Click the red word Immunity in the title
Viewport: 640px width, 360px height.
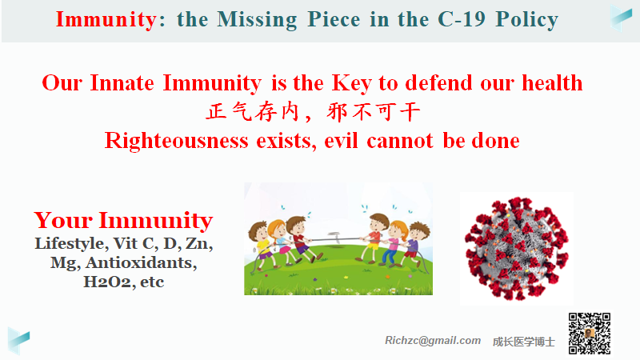click(106, 19)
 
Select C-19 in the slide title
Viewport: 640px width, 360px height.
click(462, 19)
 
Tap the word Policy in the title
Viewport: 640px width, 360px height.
click(527, 20)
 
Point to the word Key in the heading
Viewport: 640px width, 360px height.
click(351, 84)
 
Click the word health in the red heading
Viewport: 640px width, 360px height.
click(552, 83)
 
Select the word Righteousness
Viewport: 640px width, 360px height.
click(176, 141)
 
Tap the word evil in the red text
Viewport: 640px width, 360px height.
click(341, 141)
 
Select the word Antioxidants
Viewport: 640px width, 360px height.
click(141, 263)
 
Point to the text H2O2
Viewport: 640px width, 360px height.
click(109, 282)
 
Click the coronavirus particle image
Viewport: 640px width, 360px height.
click(516, 249)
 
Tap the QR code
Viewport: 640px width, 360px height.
click(590, 334)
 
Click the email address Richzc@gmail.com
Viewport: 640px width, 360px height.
click(433, 341)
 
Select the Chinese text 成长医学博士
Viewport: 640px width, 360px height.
click(524, 342)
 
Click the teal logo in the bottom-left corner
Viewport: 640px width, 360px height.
click(18, 340)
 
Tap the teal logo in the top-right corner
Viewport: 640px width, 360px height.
click(621, 17)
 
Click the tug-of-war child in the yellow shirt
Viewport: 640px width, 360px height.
click(262, 245)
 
